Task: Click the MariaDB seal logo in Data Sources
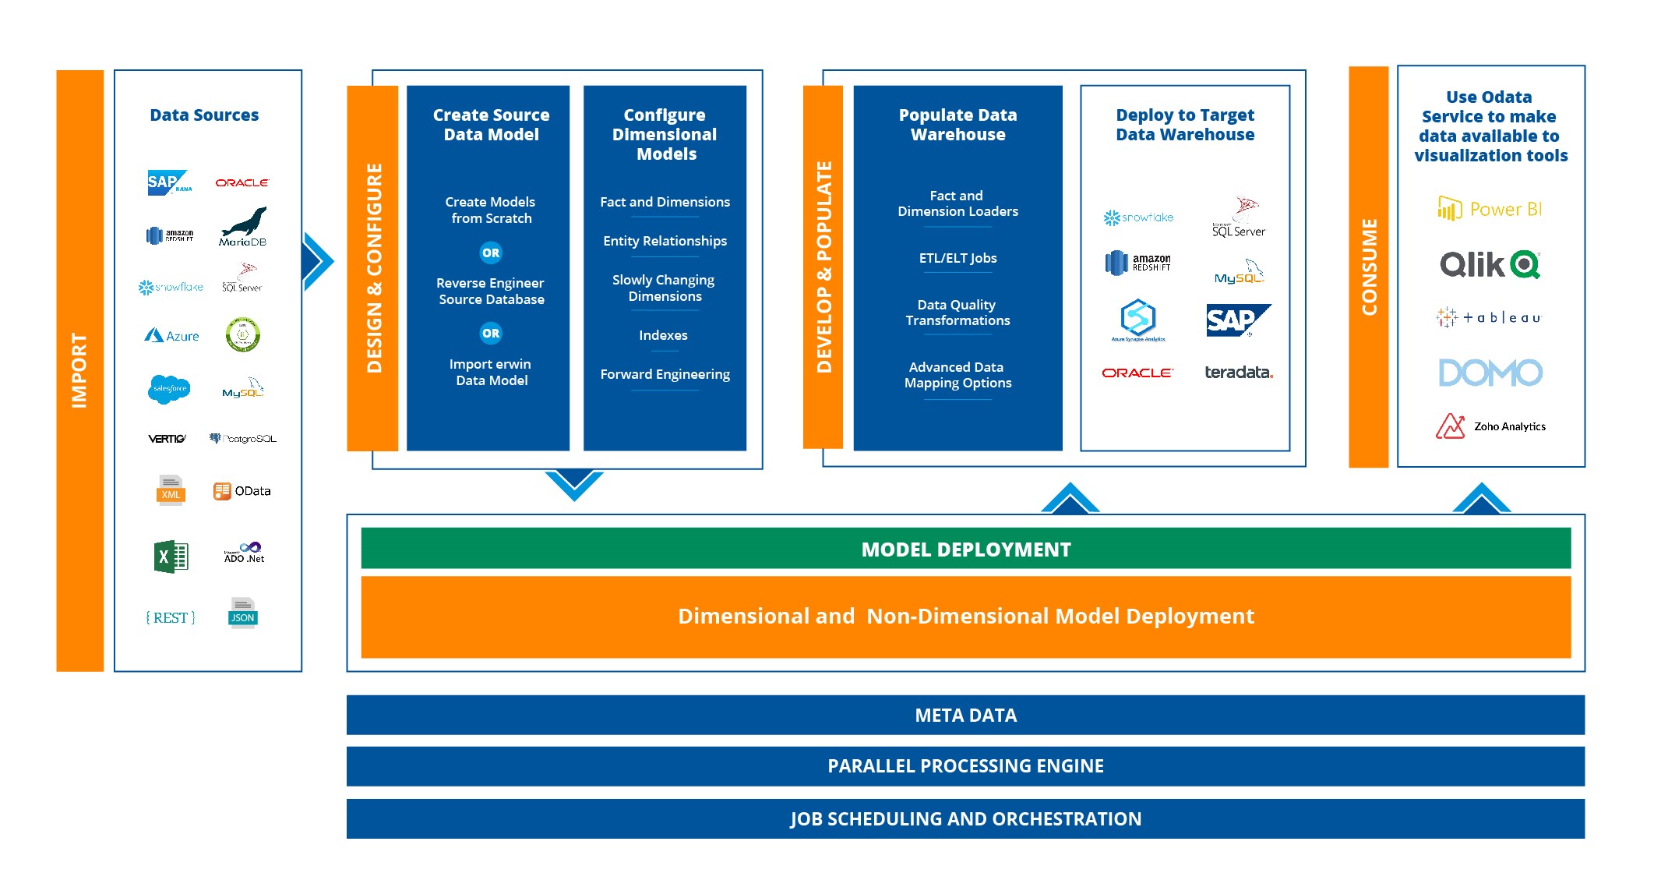pos(244,226)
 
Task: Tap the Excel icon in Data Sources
pos(171,557)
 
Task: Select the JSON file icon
pos(243,613)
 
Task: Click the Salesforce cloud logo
pos(169,388)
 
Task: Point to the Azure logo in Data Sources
pos(171,335)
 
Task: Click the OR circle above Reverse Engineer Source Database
pos(491,253)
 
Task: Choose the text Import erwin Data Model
pos(491,372)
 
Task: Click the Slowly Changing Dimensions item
pos(664,288)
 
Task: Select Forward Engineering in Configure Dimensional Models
pos(665,374)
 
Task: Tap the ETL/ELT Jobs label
pos(957,258)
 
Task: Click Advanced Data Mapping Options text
pos(957,375)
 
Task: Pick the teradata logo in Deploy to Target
pos(1238,372)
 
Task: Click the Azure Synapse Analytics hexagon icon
pos(1137,318)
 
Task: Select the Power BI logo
pos(1489,209)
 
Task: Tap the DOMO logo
pos(1490,373)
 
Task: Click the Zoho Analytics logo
pos(1490,426)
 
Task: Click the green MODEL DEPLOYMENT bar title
pos(965,550)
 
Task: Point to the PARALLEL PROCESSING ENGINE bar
pos(965,766)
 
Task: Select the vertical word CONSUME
pos(1369,267)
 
